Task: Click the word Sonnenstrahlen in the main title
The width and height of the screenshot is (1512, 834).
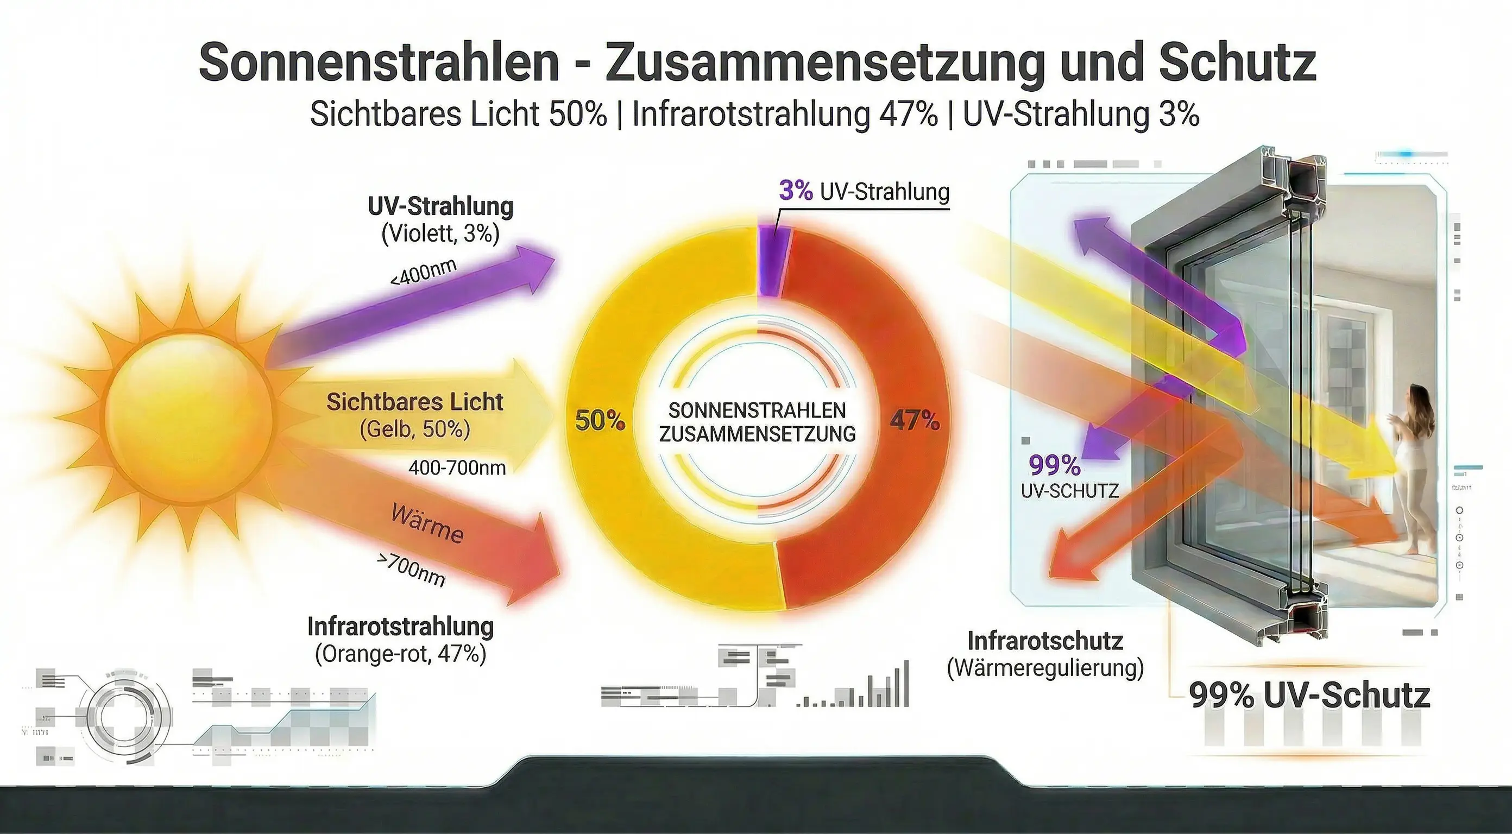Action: pyautogui.click(x=379, y=62)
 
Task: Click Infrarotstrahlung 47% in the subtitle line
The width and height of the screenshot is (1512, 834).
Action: pyautogui.click(x=785, y=114)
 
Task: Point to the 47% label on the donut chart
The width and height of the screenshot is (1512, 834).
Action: pyautogui.click(x=915, y=420)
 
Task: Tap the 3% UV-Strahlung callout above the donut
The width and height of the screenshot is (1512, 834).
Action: pyautogui.click(x=864, y=191)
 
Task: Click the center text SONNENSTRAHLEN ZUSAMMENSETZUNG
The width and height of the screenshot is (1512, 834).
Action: pyautogui.click(x=757, y=422)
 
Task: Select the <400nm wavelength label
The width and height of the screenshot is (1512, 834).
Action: pyautogui.click(x=423, y=271)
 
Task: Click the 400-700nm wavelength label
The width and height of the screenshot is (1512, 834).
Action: pyautogui.click(x=457, y=468)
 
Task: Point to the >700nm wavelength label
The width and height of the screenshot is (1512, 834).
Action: pyautogui.click(x=411, y=570)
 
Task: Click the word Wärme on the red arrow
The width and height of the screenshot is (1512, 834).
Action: pyautogui.click(x=427, y=523)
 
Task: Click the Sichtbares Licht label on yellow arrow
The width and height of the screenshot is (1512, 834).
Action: pyautogui.click(x=414, y=402)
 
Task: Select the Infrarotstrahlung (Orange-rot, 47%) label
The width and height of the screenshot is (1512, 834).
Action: pyautogui.click(x=400, y=640)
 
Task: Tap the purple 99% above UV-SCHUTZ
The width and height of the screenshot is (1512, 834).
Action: pyautogui.click(x=1055, y=465)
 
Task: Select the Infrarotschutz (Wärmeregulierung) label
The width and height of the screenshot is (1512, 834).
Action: pyautogui.click(x=1045, y=654)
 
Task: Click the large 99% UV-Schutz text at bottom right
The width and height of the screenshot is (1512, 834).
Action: pyautogui.click(x=1309, y=696)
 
